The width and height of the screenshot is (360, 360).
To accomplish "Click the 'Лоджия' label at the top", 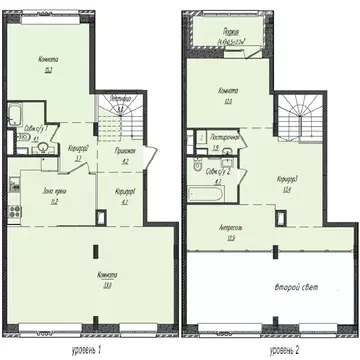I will (x=237, y=31).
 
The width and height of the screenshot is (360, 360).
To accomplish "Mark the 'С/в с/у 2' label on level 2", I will (x=222, y=168).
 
